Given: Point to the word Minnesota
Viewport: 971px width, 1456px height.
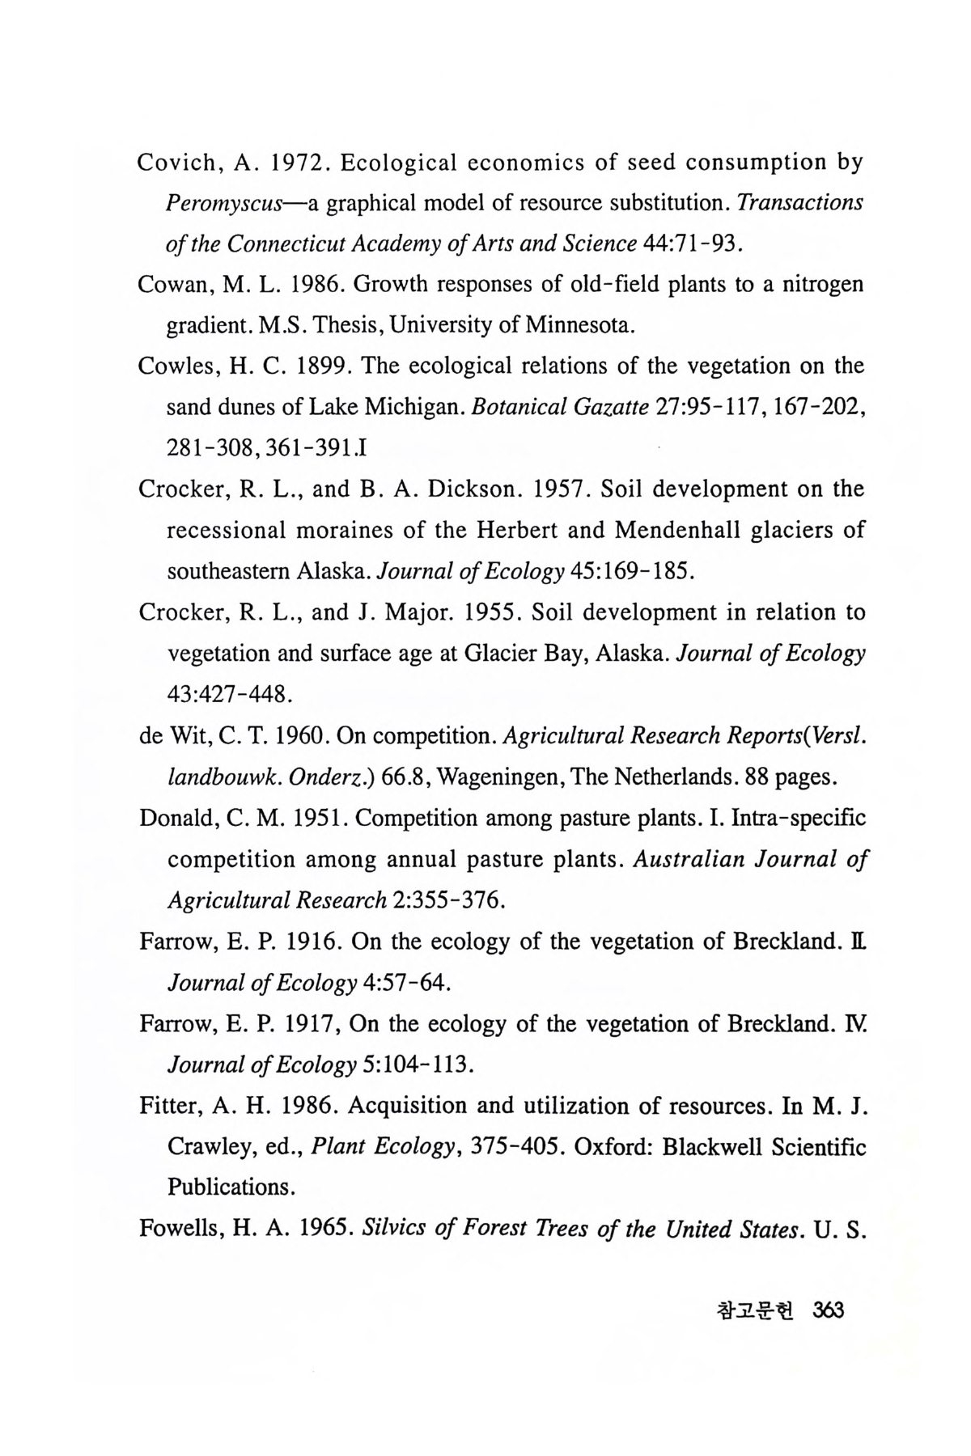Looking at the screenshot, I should click(575, 326).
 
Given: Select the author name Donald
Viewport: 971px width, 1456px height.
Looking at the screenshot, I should click(176, 818).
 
